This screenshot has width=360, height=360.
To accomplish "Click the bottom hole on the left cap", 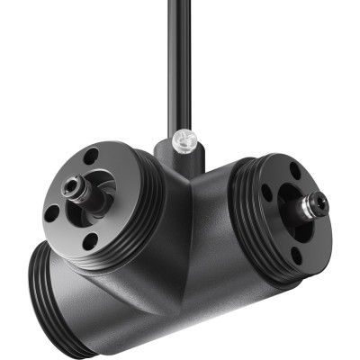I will pos(90,241).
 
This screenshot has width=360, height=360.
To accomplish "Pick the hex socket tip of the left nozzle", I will pos(69,189).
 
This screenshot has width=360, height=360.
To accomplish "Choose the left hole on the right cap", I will pos(267,191).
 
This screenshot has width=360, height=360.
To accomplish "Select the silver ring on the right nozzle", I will pos(310,208).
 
